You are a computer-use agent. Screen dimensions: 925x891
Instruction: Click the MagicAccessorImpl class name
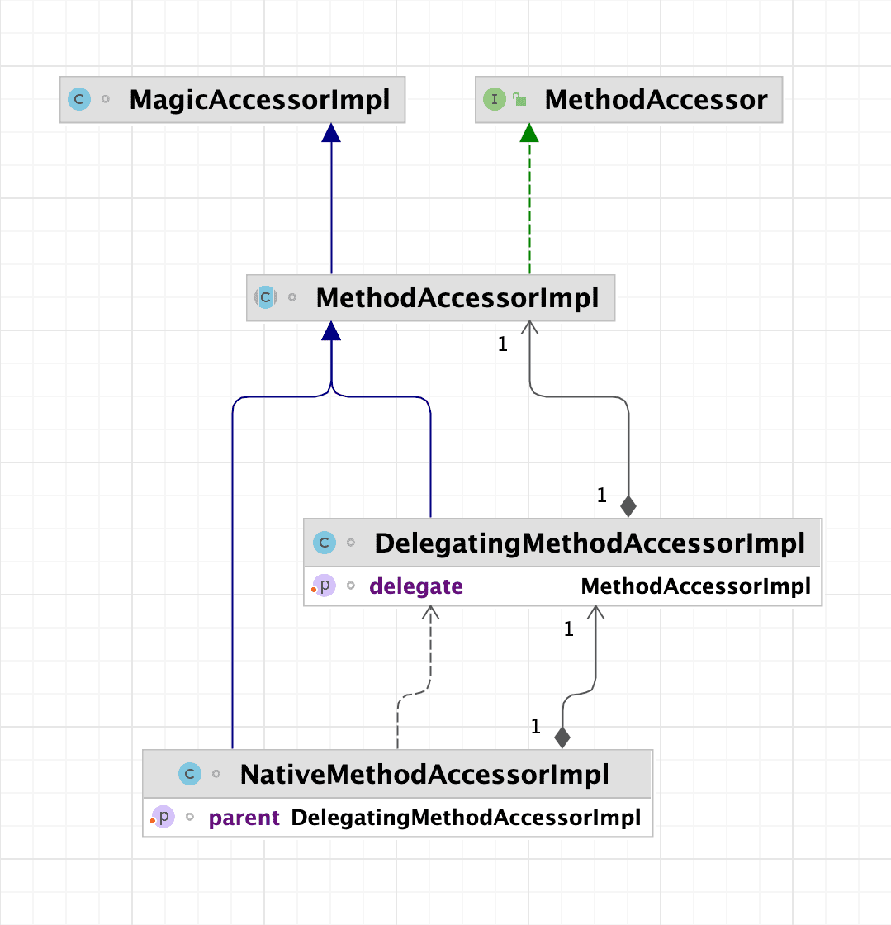click(259, 100)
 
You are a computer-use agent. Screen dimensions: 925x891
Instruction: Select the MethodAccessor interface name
click(656, 100)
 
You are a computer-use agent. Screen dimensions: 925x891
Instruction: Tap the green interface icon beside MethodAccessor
click(494, 100)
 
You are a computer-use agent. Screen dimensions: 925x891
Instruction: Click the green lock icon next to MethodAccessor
click(520, 100)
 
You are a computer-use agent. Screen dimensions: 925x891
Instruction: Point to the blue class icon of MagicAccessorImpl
click(78, 100)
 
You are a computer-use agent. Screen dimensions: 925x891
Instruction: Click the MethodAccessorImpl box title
click(457, 298)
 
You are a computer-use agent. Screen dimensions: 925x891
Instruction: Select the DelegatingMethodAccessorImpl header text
click(590, 543)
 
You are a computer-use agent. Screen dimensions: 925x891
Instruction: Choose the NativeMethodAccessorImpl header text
click(424, 775)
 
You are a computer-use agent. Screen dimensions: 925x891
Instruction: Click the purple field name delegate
click(416, 586)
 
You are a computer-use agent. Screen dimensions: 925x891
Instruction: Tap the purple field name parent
click(244, 818)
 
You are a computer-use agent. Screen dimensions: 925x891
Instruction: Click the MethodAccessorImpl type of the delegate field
click(695, 586)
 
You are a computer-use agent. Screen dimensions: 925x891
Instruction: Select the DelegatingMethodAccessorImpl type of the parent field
click(466, 818)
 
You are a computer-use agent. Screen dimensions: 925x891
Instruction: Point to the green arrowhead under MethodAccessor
click(529, 133)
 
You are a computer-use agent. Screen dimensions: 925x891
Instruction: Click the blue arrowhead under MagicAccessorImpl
click(331, 133)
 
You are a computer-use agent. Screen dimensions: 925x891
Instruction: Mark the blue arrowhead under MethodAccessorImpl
click(331, 331)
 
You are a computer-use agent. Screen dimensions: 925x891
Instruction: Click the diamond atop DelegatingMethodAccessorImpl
click(628, 505)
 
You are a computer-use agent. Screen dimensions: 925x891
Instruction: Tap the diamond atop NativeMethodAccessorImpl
click(562, 737)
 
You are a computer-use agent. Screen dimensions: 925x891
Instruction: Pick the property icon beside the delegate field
click(325, 586)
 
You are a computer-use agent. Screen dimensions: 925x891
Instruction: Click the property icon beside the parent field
click(164, 818)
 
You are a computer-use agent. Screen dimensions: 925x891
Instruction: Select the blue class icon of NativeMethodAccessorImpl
click(190, 775)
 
